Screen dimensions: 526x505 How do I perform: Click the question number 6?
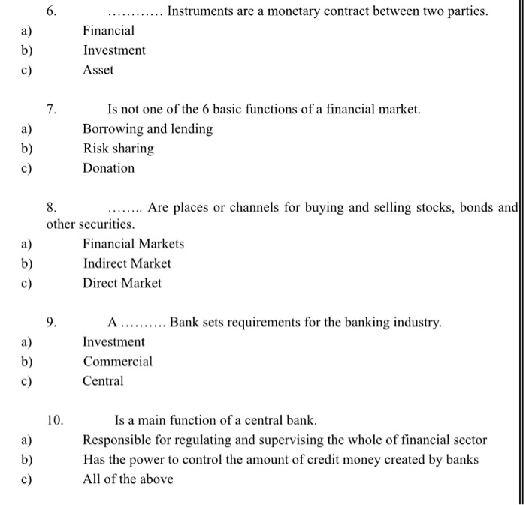coord(50,12)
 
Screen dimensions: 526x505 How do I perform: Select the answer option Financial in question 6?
coord(108,31)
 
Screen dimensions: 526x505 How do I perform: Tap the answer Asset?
coord(98,70)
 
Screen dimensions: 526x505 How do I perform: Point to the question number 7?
coord(50,110)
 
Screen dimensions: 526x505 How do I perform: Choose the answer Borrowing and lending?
coord(147,129)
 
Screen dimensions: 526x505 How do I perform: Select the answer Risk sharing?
coord(118,149)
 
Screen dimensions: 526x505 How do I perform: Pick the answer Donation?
coord(109,168)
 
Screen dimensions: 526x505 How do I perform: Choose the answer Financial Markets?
coord(133,244)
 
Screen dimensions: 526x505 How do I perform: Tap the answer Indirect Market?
coord(127,263)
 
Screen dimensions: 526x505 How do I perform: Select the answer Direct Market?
coord(122,283)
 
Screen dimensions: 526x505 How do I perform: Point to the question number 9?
coord(50,323)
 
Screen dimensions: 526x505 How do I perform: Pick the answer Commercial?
coord(117,362)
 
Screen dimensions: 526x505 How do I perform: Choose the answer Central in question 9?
coord(103,381)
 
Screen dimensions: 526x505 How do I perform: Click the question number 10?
coord(54,420)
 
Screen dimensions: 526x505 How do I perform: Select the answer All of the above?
coord(128,479)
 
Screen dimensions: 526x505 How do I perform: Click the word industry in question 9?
coord(415,323)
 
